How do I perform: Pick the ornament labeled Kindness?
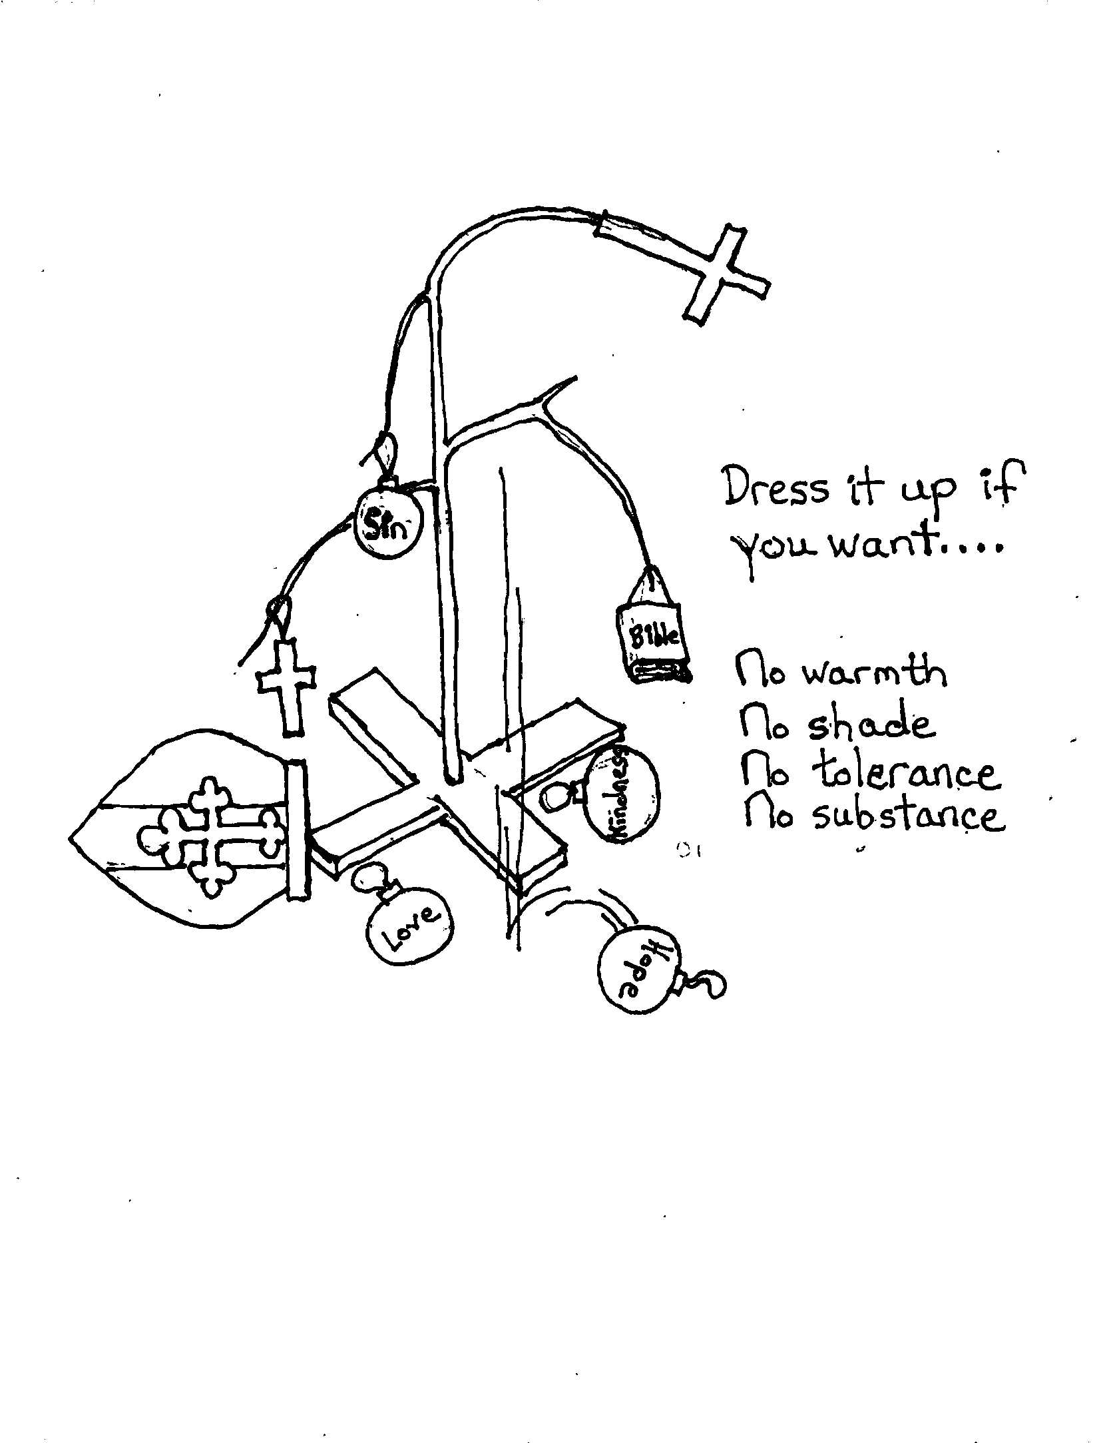[x=622, y=794]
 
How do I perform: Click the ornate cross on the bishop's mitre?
[x=209, y=836]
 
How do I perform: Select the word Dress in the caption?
[x=776, y=488]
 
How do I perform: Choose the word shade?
[x=871, y=724]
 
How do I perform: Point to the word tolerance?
[x=905, y=773]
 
